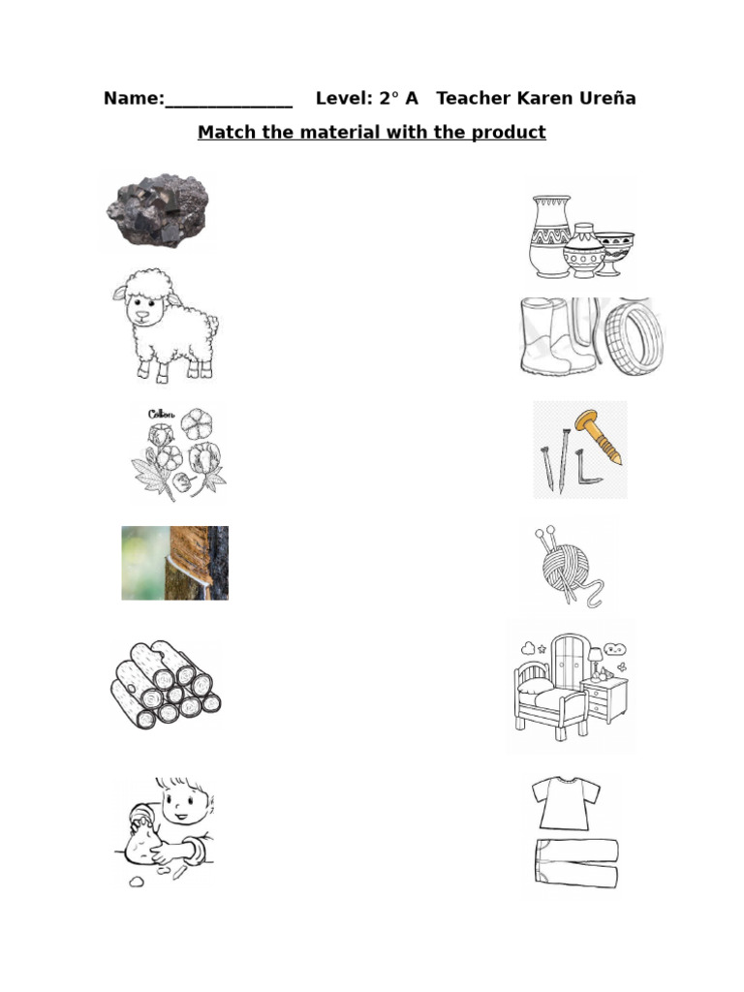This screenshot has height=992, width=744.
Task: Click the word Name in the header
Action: point(132,99)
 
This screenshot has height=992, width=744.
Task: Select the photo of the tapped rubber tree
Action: point(175,563)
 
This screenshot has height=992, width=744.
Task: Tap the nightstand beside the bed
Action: point(604,699)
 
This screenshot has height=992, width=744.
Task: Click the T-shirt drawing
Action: point(561,803)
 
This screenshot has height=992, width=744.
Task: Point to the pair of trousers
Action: point(575,863)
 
